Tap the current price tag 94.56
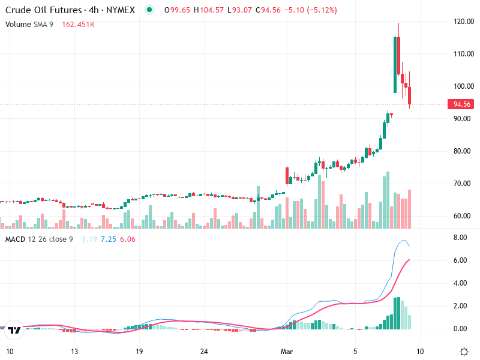[461, 104]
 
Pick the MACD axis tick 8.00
[460, 238]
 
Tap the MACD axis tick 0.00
[460, 329]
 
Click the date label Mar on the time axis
[287, 351]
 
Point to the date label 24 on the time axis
[204, 351]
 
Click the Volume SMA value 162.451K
[77, 25]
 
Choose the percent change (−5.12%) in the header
[320, 10]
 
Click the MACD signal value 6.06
[128, 239]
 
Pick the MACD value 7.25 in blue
[108, 239]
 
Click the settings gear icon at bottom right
[464, 351]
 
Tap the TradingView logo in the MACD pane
[15, 330]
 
